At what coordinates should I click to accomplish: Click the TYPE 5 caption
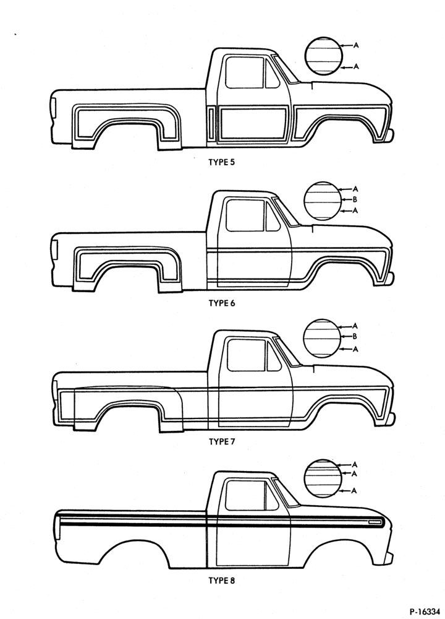221,162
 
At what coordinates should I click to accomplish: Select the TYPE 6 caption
222,303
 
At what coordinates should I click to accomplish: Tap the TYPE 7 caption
222,441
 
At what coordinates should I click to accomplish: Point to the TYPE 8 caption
221,581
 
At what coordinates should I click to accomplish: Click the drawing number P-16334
425,612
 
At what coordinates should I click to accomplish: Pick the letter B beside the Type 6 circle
355,200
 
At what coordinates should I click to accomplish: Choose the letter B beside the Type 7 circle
355,336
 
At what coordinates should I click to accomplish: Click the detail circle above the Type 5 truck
323,56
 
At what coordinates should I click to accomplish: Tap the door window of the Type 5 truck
244,72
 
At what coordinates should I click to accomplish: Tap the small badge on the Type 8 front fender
375,522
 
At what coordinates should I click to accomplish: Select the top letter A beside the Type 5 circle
355,45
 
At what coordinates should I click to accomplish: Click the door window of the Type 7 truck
246,355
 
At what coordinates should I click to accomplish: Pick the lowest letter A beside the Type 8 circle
354,491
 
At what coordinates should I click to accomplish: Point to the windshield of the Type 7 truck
287,351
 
